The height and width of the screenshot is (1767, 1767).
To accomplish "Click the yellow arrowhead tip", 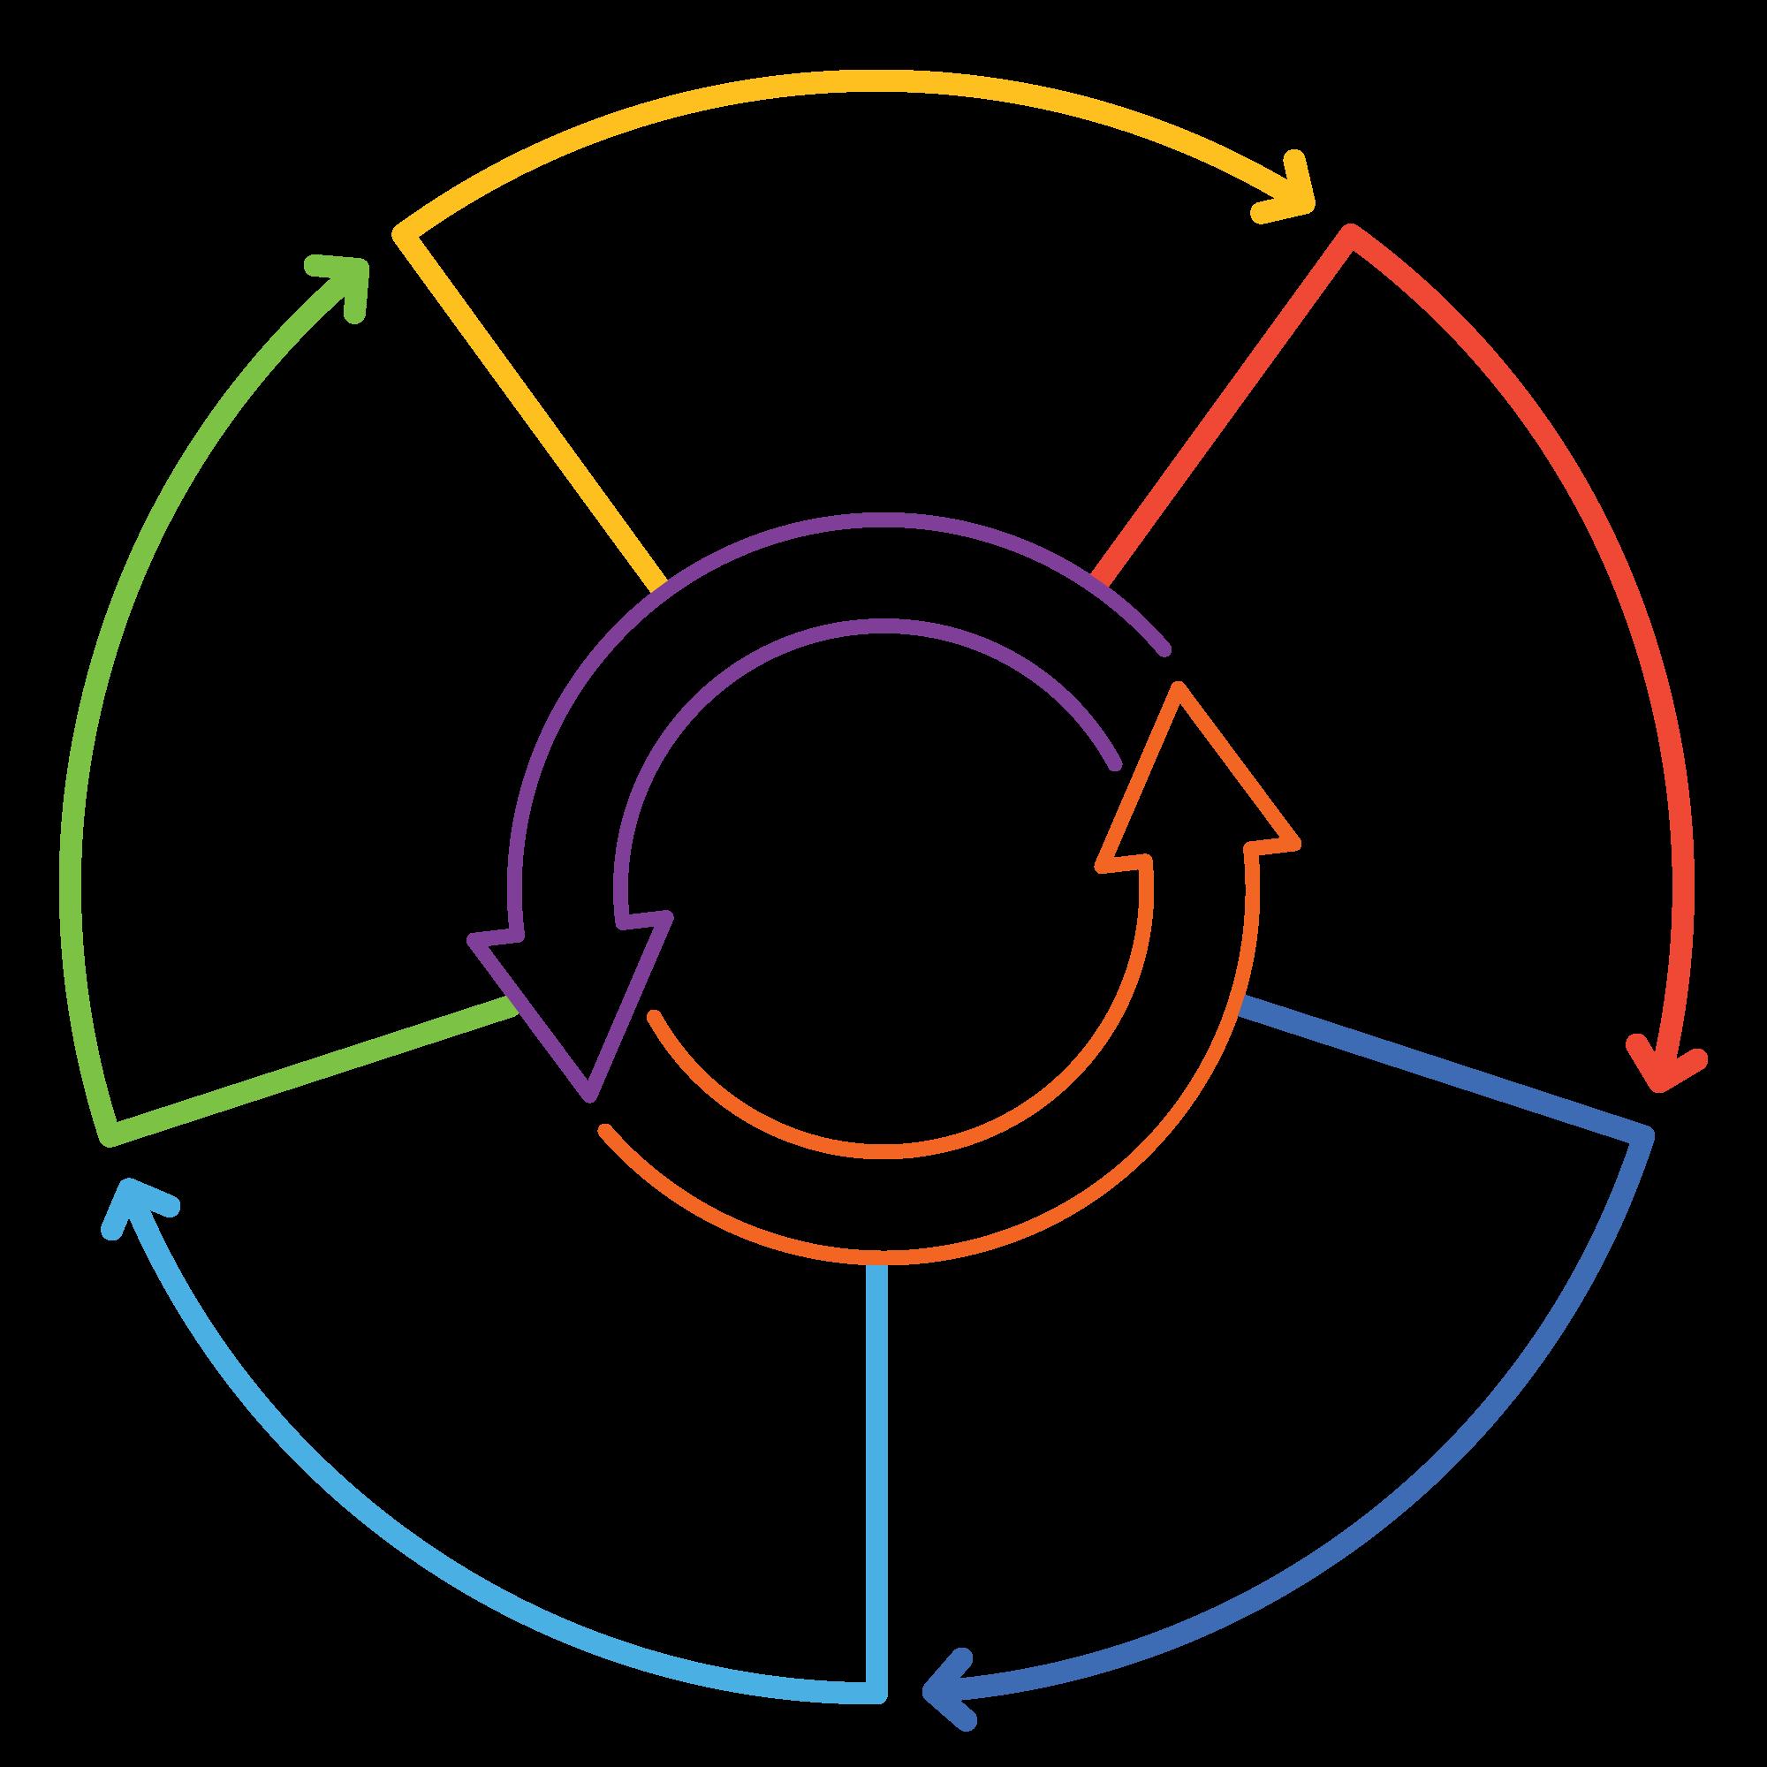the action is point(1308,202).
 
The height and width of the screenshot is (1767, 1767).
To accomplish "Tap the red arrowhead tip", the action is point(1657,1085).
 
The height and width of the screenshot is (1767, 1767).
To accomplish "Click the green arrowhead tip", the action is point(361,263).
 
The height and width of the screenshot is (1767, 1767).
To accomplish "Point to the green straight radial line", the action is point(311,1070).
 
